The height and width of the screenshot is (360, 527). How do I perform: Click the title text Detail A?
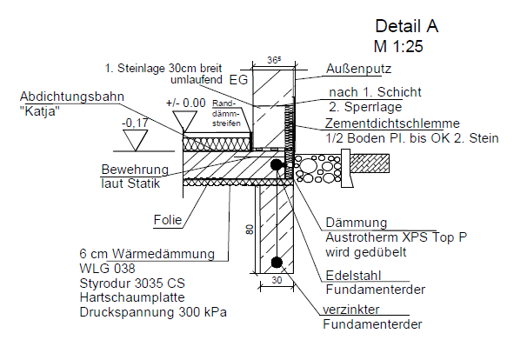click(x=406, y=26)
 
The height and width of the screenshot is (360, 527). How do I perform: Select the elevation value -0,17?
click(x=135, y=123)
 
